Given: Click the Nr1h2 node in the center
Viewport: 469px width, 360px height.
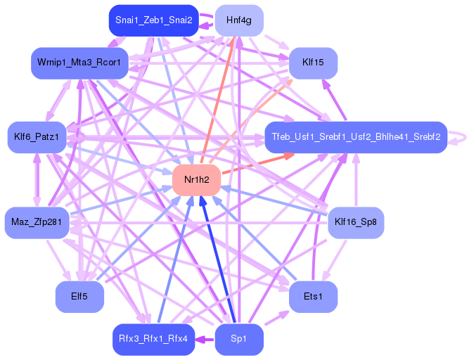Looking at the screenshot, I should (x=198, y=181).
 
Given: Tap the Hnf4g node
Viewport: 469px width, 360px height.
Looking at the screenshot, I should (x=238, y=21).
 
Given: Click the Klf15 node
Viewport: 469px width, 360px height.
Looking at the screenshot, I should (x=313, y=63).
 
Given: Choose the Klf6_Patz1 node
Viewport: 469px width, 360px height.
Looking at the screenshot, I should (x=37, y=136).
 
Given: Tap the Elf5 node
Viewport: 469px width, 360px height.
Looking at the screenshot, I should (x=79, y=297).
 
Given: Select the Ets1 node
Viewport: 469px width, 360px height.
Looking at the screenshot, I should (x=313, y=297).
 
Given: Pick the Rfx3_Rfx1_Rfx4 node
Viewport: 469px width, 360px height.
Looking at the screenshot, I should (x=153, y=340).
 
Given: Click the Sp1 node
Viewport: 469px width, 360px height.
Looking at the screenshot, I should (x=238, y=340).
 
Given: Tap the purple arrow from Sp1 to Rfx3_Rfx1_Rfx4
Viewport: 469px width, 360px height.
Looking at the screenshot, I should (x=205, y=340).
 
